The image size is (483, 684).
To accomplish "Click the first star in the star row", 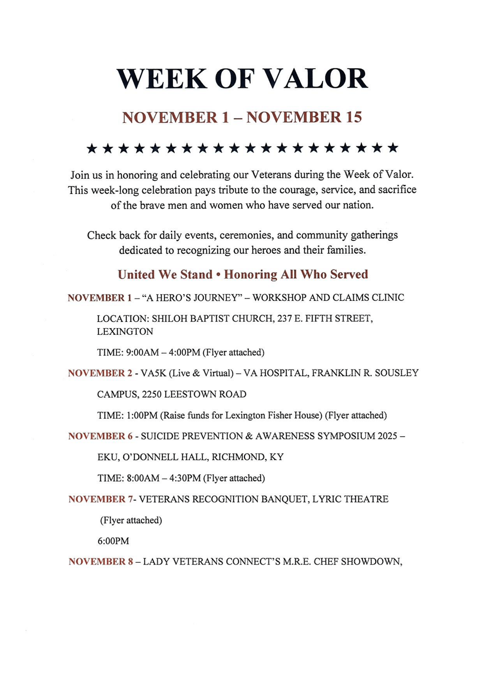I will coord(92,148).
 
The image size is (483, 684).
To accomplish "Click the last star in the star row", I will coord(393,148).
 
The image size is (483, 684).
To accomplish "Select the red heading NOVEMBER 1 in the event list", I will coord(100,298).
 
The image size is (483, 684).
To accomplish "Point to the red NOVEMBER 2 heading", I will coord(100,373).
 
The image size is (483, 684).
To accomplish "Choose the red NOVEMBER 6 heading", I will coord(100,436).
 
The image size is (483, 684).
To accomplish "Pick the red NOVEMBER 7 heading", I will coord(100,499).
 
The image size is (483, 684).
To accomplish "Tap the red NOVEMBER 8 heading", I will coord(101,561).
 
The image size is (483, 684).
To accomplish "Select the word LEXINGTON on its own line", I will coord(125,332).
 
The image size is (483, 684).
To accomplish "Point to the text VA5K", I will coord(153,373).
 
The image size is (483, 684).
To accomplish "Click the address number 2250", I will coord(152,394).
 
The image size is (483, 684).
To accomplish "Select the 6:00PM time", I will coord(113,541).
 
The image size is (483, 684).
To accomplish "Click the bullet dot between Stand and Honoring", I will coord(218,275).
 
